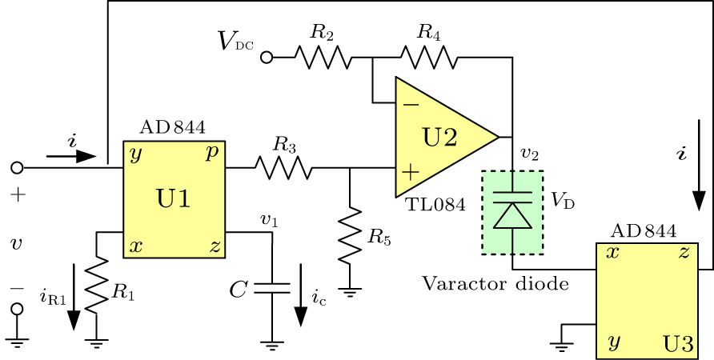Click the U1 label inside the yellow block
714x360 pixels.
coord(173,199)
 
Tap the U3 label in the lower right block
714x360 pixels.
coord(678,345)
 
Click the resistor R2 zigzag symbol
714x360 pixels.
coord(322,58)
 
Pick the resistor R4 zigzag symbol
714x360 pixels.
coord(429,58)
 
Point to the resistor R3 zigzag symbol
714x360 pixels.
coord(283,168)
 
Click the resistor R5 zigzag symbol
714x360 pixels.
coord(350,237)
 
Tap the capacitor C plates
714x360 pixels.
coord(272,289)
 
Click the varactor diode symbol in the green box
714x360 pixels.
coord(512,211)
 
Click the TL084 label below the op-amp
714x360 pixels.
coord(435,205)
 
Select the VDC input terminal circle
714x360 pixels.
coord(267,58)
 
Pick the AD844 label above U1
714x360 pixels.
coord(172,127)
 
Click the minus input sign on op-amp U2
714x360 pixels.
coord(410,103)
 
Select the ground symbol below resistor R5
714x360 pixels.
coord(350,291)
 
